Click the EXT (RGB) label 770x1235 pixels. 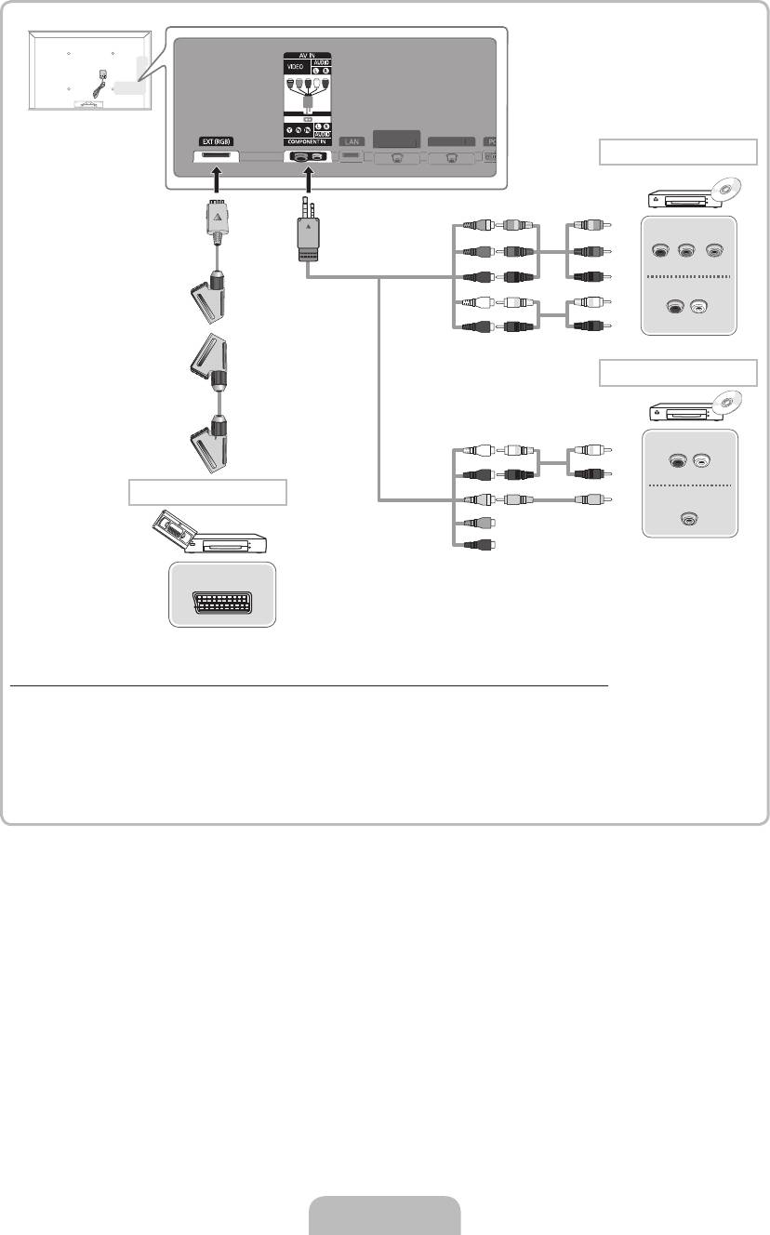pos(214,142)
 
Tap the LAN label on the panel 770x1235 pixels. pos(351,141)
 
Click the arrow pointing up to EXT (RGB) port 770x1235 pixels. pos(215,179)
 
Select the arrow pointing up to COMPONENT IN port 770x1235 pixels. pos(308,179)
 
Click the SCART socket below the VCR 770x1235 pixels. pos(223,595)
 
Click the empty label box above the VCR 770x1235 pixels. pos(206,492)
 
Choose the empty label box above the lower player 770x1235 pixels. pos(678,372)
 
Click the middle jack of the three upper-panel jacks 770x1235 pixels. pos(688,250)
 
